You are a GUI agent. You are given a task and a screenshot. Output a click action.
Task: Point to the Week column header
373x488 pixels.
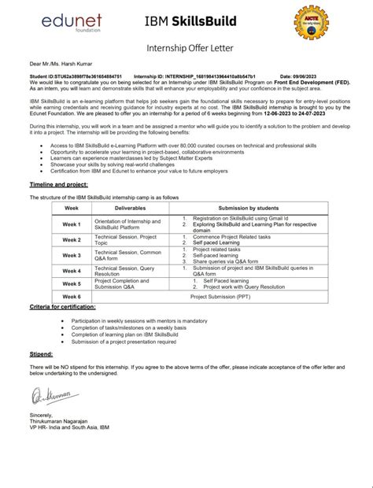click(x=72, y=207)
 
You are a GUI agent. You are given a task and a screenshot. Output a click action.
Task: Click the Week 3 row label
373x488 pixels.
click(x=72, y=255)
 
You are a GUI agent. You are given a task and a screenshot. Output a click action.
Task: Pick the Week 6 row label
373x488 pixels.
click(x=72, y=298)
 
